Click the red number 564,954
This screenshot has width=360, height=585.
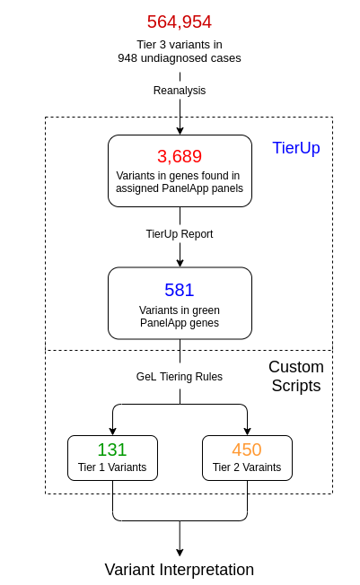(x=180, y=22)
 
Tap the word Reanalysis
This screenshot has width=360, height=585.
(x=180, y=91)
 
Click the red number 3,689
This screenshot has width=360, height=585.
(x=180, y=156)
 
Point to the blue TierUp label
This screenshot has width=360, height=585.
(x=296, y=148)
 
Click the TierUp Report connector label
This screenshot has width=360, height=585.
(x=180, y=234)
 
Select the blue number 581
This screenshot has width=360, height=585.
(x=180, y=290)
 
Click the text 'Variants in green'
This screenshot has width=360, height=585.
(x=180, y=310)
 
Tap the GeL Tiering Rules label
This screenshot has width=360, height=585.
(x=180, y=377)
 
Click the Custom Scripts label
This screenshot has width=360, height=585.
(x=296, y=376)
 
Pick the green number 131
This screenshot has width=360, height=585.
(x=112, y=450)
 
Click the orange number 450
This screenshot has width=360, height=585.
(x=247, y=450)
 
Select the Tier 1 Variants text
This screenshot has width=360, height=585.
(x=112, y=467)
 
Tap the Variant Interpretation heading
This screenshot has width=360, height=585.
(x=180, y=570)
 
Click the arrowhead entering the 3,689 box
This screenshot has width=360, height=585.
(x=180, y=131)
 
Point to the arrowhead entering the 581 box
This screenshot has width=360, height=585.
(x=180, y=263)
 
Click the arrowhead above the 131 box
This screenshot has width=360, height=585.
(x=112, y=432)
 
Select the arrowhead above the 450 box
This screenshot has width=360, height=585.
(x=247, y=432)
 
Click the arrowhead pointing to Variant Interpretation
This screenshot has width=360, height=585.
(x=180, y=553)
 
